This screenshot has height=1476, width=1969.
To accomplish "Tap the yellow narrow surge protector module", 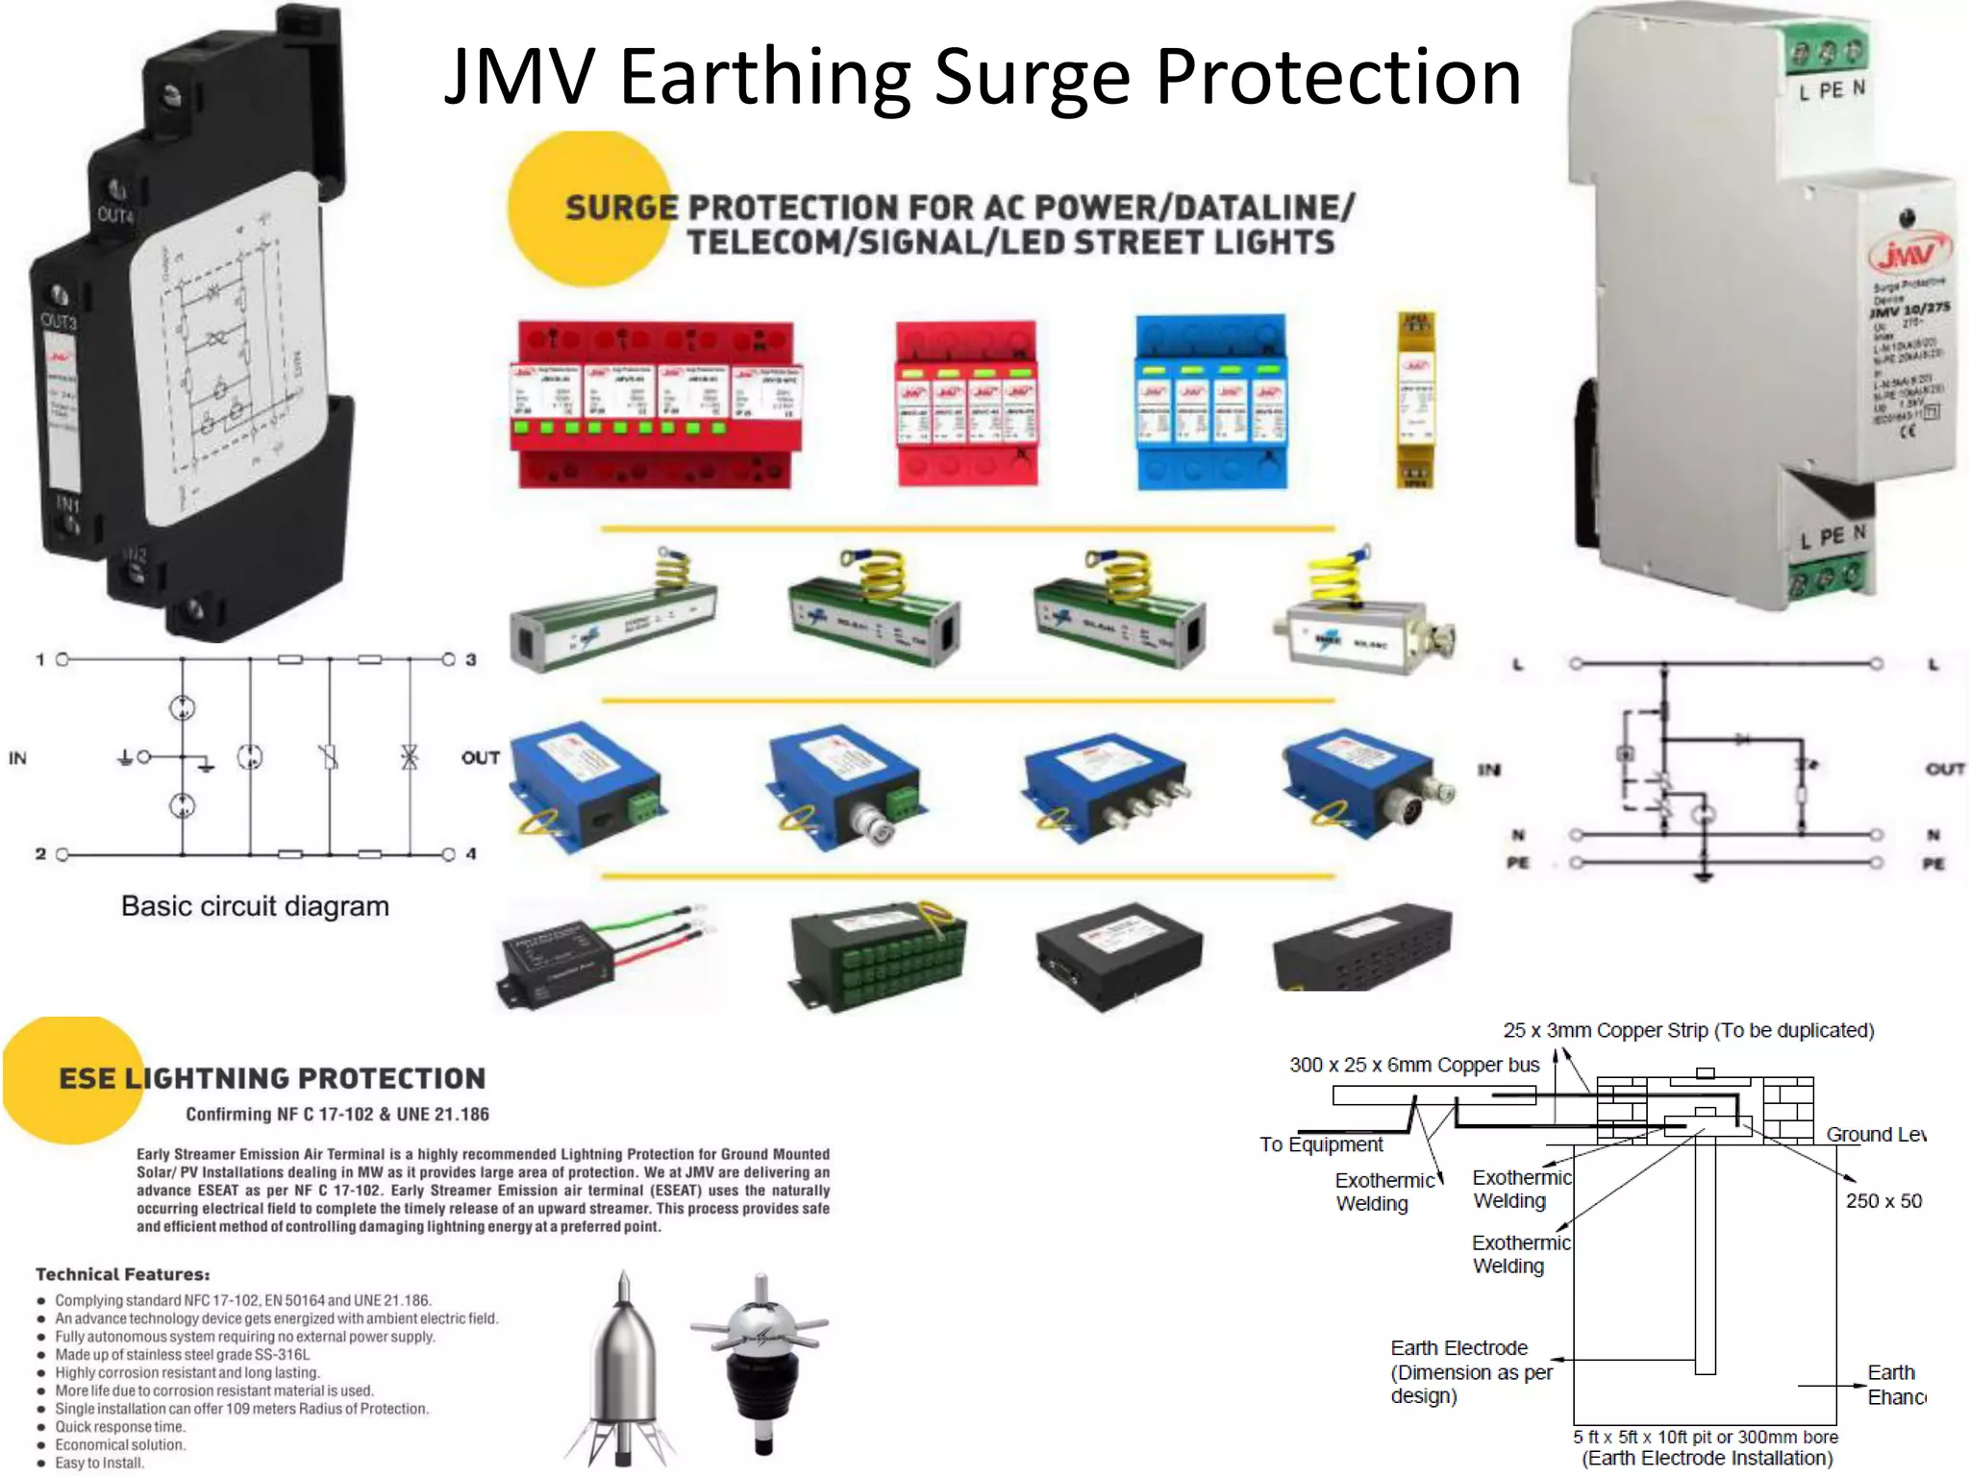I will [1415, 400].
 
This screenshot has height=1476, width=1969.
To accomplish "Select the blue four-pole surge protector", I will [1210, 402].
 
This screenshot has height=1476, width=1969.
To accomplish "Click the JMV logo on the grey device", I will [1907, 255].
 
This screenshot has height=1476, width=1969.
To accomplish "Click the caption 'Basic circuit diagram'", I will [255, 906].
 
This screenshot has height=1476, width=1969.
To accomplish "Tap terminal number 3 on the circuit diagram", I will [471, 660].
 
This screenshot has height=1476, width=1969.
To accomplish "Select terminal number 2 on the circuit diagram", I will [40, 853].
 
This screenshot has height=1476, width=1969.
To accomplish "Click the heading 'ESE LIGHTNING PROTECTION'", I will [272, 1078].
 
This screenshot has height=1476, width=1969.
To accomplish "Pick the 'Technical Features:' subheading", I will [123, 1274].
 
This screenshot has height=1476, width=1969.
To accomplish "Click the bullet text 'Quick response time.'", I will [121, 1427].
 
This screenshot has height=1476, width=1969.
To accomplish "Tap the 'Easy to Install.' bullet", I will [99, 1463].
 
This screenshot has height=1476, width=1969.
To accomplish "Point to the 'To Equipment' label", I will [1321, 1144].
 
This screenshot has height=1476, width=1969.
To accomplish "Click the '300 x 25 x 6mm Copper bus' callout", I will [1413, 1065].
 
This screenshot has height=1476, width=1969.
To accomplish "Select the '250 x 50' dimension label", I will [1883, 1200].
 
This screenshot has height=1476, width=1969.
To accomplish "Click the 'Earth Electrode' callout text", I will [1458, 1348].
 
